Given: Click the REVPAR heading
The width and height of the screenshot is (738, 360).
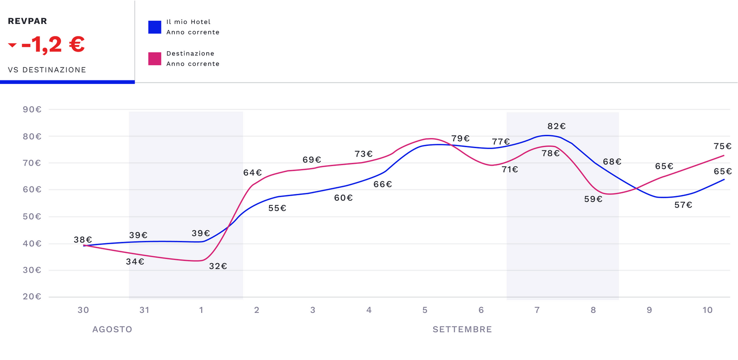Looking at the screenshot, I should [x=27, y=21].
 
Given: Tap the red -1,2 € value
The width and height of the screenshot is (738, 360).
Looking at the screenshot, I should [x=53, y=45].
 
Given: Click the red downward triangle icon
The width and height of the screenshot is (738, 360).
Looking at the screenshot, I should [x=12, y=45].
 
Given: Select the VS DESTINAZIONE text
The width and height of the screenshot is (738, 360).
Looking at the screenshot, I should [x=47, y=70].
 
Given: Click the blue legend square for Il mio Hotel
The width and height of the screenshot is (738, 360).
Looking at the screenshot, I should [x=155, y=27].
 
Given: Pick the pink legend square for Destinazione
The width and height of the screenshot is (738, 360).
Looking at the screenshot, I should [x=155, y=59].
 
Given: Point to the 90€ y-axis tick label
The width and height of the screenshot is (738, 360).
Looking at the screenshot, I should [x=32, y=109].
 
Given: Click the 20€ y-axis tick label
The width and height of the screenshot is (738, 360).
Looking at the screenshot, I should [x=32, y=296].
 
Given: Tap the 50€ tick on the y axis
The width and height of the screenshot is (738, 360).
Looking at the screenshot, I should [x=32, y=216].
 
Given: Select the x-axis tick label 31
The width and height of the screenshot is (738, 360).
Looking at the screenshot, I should [x=144, y=310].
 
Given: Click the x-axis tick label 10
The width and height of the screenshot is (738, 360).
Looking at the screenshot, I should [x=708, y=310].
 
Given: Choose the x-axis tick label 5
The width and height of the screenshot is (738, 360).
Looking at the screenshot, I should [x=425, y=310].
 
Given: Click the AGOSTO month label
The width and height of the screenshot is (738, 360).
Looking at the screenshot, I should [x=112, y=330].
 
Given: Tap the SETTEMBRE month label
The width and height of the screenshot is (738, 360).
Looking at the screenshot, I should [x=462, y=330].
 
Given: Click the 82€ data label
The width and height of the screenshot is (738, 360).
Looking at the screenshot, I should [x=556, y=126].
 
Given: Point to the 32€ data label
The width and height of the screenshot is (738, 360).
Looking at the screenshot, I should [x=218, y=266].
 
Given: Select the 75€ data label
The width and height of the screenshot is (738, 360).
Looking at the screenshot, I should [x=722, y=146].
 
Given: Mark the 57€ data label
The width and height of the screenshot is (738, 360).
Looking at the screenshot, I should [x=683, y=205].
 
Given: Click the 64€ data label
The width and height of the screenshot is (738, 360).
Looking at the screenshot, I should [x=252, y=173].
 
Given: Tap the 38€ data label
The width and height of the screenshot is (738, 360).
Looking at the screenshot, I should [x=83, y=240].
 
